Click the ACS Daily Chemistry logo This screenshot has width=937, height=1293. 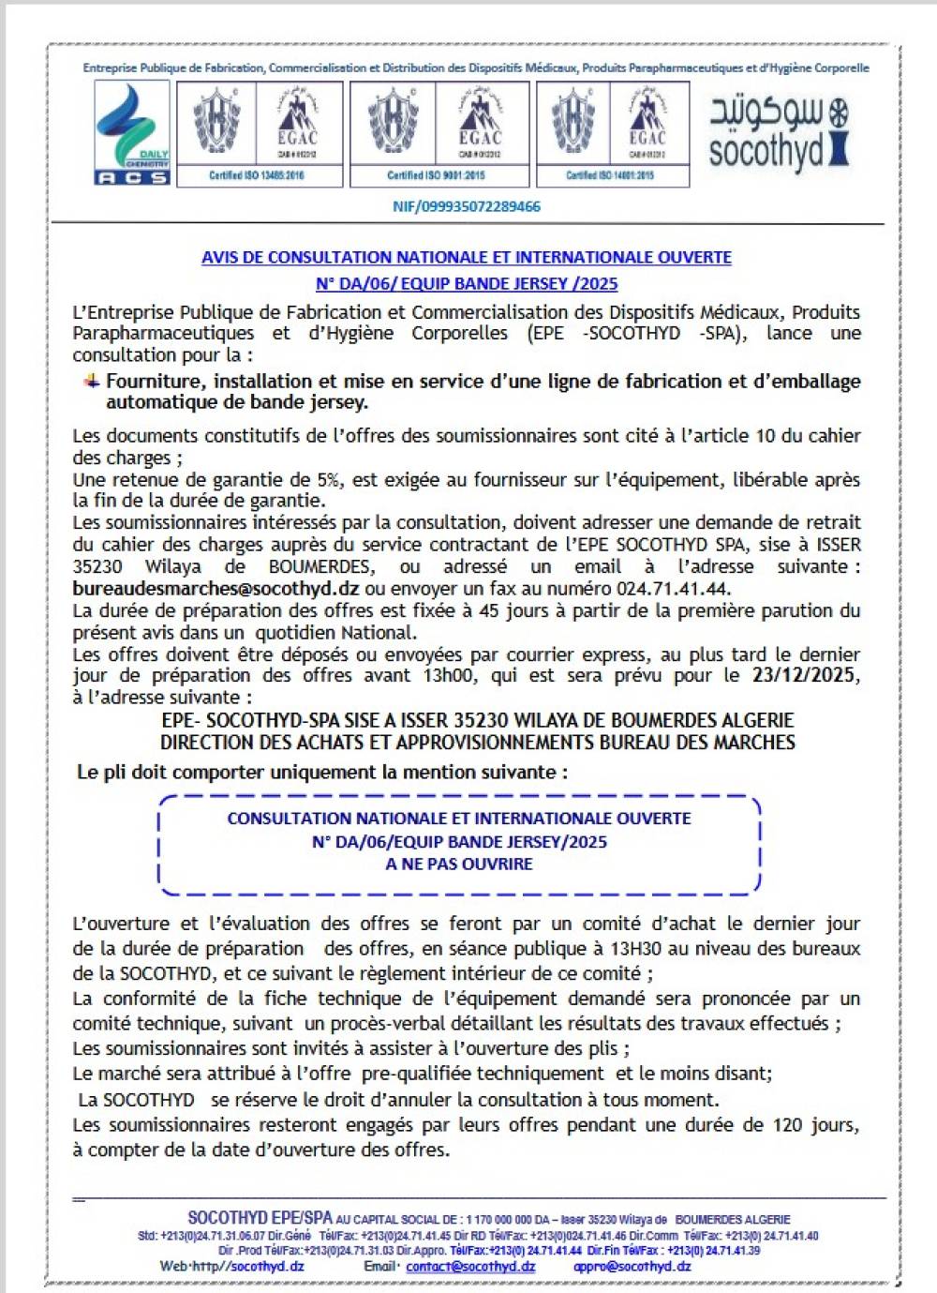[132, 132]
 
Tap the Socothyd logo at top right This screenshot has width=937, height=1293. [779, 134]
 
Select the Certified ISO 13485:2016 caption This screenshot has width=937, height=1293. [256, 175]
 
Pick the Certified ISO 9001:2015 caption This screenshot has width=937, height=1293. [437, 175]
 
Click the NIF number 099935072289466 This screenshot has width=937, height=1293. [467, 206]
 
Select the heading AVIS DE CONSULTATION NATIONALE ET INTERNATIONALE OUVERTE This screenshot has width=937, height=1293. [467, 258]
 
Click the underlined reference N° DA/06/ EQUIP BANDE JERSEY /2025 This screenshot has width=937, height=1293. [467, 283]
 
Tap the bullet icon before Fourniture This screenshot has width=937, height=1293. [92, 381]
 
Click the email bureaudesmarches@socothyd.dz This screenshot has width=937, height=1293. [216, 589]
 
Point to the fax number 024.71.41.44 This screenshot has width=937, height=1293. [672, 589]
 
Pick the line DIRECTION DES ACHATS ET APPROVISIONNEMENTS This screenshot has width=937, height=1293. [477, 743]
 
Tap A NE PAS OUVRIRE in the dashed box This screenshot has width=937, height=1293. [459, 865]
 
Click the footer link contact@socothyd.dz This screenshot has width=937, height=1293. [470, 1266]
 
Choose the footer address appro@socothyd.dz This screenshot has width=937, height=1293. [632, 1266]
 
